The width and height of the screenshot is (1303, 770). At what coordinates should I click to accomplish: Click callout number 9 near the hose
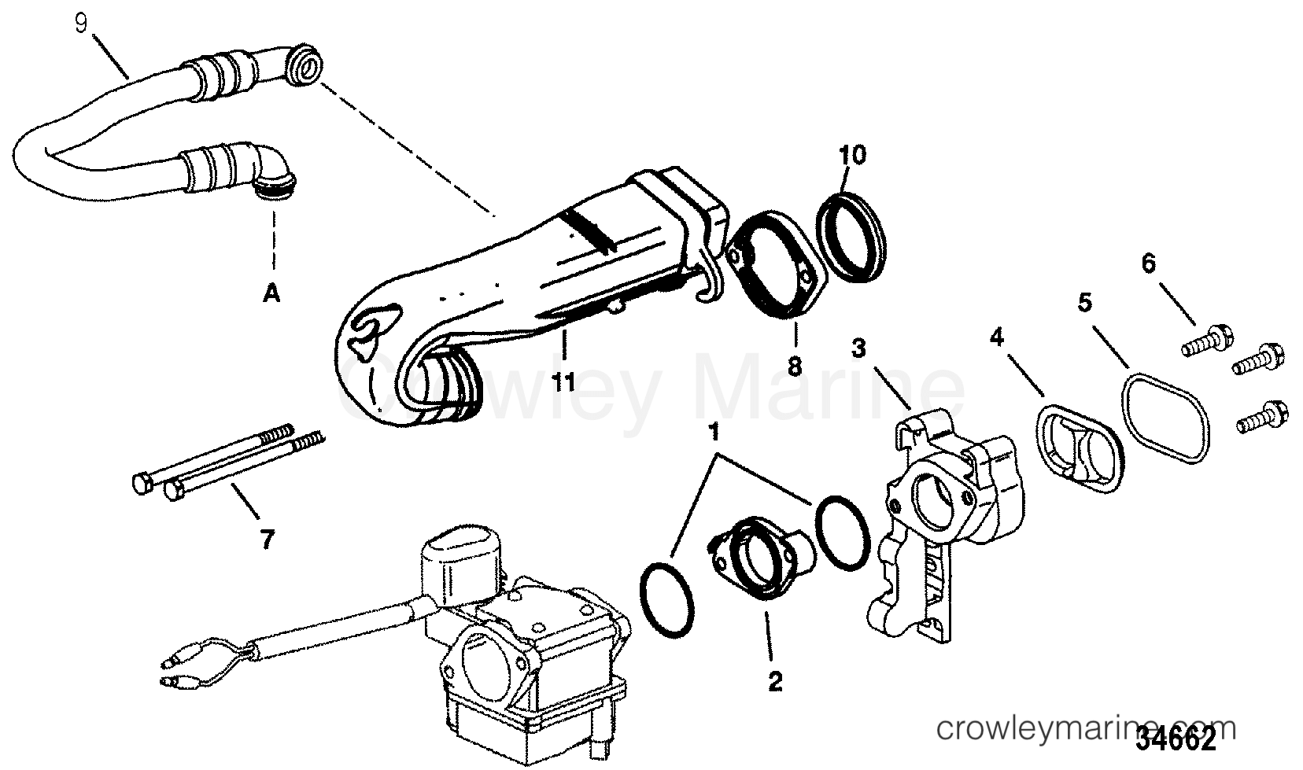click(x=82, y=24)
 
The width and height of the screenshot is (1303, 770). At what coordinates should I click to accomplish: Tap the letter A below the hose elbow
click(x=271, y=293)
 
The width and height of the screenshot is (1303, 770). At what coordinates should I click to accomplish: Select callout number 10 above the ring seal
click(x=852, y=155)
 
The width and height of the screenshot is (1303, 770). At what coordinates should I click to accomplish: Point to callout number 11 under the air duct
click(x=563, y=382)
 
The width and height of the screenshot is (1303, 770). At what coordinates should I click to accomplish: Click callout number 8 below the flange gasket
click(x=795, y=366)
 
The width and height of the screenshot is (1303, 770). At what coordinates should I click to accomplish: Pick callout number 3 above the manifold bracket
click(x=858, y=348)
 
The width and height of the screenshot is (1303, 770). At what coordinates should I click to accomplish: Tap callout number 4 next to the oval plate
click(x=997, y=336)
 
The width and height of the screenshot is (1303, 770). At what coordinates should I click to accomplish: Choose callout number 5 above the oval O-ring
click(x=1085, y=303)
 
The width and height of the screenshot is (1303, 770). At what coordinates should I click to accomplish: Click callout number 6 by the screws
click(x=1149, y=263)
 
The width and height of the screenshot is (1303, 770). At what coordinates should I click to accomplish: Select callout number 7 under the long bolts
click(x=267, y=540)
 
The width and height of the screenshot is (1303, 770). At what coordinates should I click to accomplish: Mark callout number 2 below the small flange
click(x=775, y=681)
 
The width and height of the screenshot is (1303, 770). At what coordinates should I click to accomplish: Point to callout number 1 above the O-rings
click(x=714, y=433)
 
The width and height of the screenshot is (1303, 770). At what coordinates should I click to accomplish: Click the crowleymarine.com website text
click(x=1086, y=728)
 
